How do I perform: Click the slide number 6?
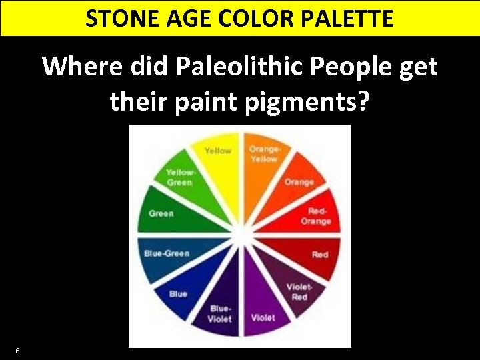click(17, 351)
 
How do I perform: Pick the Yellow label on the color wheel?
click(218, 151)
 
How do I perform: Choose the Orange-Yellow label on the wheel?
click(264, 154)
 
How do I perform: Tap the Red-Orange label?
click(316, 216)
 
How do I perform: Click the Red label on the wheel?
click(320, 255)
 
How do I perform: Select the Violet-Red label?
click(299, 292)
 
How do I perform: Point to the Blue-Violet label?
click(221, 313)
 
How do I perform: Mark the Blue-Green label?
click(167, 253)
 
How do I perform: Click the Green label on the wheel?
click(161, 213)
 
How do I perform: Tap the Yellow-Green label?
click(179, 177)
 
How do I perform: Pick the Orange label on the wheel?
click(299, 182)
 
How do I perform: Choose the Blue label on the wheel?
click(178, 294)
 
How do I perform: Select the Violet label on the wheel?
click(263, 318)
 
